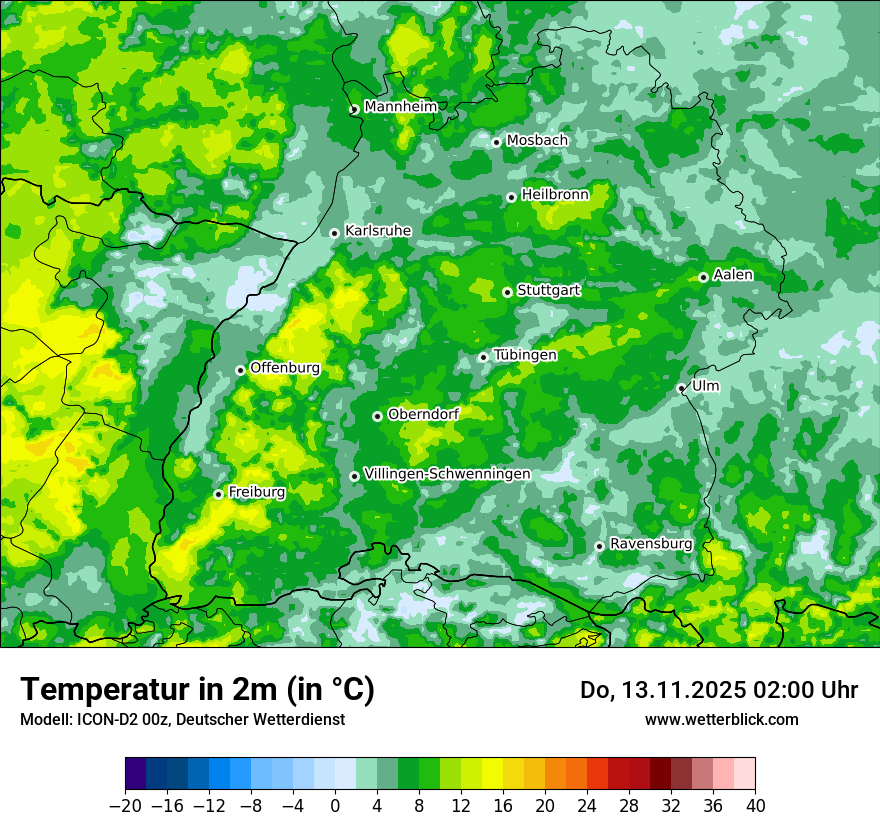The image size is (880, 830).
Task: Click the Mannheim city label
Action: [400, 107]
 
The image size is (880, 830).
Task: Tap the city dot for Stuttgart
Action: [508, 292]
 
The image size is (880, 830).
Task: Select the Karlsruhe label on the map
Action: [377, 231]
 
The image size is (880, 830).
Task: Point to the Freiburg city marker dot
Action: [218, 494]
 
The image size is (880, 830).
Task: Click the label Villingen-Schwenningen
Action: [447, 474]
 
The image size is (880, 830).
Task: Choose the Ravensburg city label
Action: [651, 544]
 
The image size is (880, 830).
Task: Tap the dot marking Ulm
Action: [681, 388]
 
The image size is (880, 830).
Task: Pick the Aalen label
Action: [733, 275]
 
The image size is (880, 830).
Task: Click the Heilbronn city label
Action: [555, 195]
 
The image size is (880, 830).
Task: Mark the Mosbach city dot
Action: [496, 142]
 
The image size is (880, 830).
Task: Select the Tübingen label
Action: [525, 355]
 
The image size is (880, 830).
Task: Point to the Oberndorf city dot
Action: [377, 416]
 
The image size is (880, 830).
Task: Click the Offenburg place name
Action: [285, 368]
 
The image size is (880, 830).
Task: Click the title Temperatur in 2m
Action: [197, 690]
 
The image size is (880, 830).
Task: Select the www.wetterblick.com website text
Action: [721, 719]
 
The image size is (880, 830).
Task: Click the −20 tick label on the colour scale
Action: [125, 806]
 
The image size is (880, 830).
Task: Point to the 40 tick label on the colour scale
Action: [755, 806]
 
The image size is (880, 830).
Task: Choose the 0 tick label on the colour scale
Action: [335, 806]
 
